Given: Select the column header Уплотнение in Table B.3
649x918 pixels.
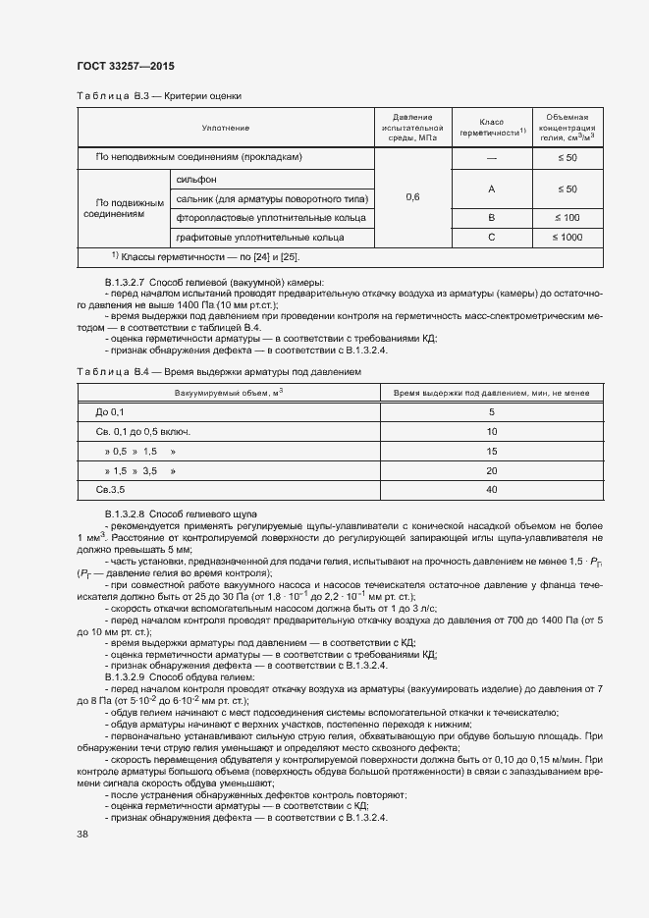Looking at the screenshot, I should click(x=225, y=129).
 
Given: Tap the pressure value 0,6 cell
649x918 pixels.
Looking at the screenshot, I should click(x=412, y=197).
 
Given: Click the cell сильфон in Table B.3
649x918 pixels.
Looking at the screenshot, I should click(x=196, y=180).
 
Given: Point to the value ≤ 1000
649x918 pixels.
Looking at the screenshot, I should click(x=567, y=237).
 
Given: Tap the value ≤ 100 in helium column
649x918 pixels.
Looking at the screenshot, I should click(x=567, y=217).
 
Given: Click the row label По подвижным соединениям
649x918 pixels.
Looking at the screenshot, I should click(x=123, y=207).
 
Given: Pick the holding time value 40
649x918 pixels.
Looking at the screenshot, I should click(x=491, y=489).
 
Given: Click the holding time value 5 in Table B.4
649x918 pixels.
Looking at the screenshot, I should click(x=491, y=412).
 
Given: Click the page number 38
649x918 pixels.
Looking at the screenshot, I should click(x=83, y=834).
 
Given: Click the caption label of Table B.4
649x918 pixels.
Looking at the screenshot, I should click(x=111, y=373).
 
